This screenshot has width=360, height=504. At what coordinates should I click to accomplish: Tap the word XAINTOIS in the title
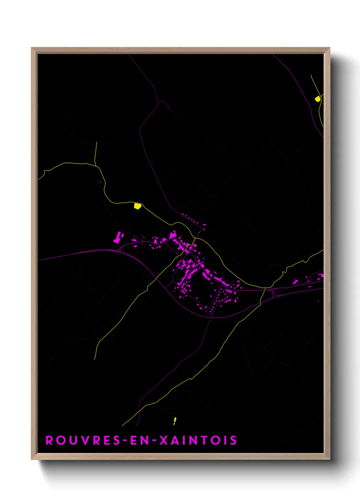198,440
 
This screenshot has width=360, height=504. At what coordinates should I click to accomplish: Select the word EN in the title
138,440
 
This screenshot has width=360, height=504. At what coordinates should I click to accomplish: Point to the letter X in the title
164,440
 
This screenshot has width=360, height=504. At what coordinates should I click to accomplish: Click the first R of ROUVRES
49,440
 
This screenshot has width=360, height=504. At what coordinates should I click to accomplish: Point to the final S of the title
233,440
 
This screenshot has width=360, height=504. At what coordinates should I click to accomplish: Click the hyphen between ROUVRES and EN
125,441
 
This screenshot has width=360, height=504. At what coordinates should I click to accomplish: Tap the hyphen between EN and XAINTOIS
154,441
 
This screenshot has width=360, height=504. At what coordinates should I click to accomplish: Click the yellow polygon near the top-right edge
317,99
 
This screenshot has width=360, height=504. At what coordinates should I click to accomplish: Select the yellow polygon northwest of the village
137,206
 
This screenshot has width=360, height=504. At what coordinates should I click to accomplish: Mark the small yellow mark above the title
175,420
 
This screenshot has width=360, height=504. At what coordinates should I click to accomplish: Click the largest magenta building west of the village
118,237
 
